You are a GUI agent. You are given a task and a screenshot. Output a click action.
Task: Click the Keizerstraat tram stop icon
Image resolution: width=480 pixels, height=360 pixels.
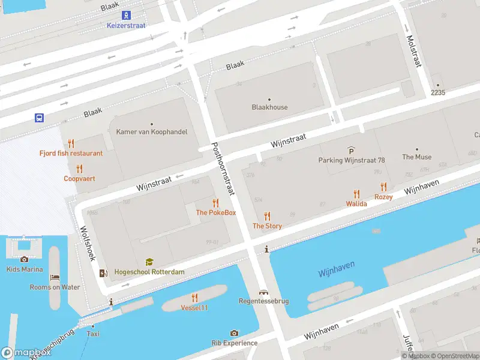click(126, 15)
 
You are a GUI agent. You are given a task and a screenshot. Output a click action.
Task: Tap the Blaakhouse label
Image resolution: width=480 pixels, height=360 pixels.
click(269, 107)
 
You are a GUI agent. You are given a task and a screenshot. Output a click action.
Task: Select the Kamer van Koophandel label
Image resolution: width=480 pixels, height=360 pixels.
click(152, 132)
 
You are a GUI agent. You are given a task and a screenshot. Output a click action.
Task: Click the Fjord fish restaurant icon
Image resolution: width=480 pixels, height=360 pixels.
click(71, 143)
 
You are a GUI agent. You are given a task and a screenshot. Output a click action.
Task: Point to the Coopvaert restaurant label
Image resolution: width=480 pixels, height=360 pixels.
click(80, 178)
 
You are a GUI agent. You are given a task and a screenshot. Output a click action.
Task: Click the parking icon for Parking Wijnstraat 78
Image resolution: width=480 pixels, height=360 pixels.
click(351, 150)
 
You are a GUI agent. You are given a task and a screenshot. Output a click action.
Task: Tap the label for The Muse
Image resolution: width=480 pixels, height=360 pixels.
click(416, 157)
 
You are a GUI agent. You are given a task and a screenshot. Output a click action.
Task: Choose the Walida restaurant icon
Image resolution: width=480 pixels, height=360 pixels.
click(356, 194)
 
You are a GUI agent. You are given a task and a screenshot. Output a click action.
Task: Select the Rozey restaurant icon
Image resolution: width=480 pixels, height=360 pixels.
click(383, 187)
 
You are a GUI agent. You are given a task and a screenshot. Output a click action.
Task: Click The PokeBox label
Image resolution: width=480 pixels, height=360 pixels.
click(215, 213)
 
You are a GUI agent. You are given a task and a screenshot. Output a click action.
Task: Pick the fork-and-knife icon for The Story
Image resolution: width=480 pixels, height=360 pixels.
click(267, 216)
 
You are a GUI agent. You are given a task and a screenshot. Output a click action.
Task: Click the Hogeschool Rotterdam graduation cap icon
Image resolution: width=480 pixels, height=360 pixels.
click(149, 262)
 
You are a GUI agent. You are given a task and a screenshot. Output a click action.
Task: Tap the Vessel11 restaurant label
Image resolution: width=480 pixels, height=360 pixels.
click(194, 308)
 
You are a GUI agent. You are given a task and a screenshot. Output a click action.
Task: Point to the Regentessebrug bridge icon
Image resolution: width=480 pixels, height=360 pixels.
click(263, 292)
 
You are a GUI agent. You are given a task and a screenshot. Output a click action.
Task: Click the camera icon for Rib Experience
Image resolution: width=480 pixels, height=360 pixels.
click(234, 333)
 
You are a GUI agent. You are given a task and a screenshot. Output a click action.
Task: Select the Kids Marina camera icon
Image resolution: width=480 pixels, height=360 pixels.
click(24, 259)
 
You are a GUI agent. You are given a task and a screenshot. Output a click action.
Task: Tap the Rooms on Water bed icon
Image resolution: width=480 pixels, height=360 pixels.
click(55, 277)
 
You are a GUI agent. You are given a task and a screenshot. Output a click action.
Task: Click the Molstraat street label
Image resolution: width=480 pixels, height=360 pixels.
click(413, 50)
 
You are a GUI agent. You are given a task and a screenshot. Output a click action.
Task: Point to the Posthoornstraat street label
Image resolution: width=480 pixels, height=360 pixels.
click(223, 169)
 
